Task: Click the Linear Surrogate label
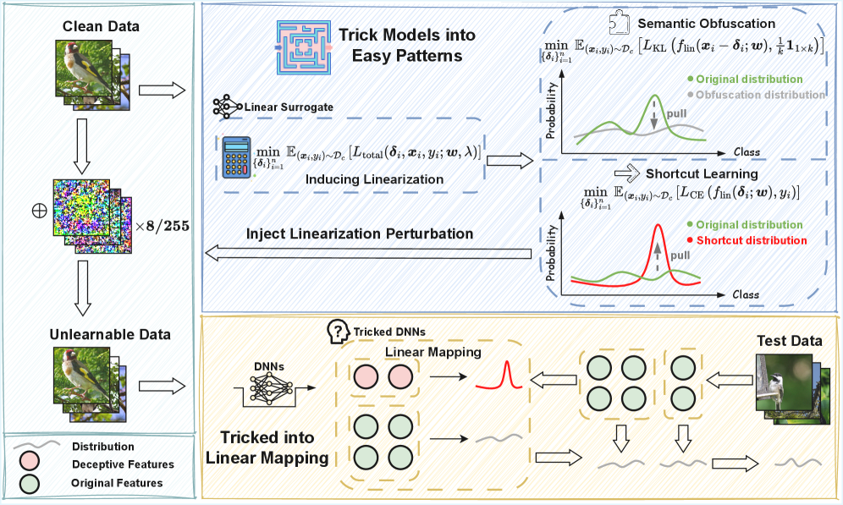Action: (287, 108)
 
